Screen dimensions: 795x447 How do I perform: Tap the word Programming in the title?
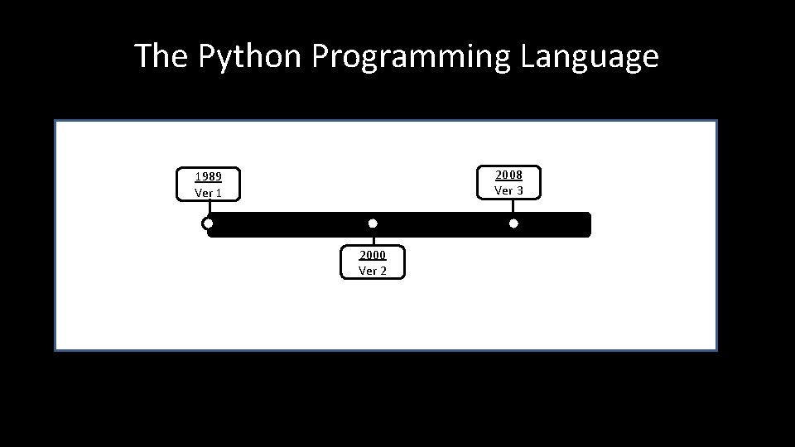tap(411, 56)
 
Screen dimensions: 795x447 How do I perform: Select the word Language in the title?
tap(590, 56)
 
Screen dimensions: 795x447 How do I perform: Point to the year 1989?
tap(208, 176)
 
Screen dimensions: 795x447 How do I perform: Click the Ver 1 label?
tap(208, 193)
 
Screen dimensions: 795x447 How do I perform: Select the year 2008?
tap(508, 174)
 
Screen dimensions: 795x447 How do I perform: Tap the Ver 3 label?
tap(508, 190)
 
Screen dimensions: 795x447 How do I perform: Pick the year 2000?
tap(373, 254)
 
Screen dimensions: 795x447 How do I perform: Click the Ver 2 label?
tap(373, 271)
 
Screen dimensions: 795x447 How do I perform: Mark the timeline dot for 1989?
tap(208, 223)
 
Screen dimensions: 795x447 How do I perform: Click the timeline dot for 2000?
tap(373, 223)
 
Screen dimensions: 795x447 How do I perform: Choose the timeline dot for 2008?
tap(513, 223)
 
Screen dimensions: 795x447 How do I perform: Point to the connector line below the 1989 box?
tap(208, 209)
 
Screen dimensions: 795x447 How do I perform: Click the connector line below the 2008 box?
tap(513, 208)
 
